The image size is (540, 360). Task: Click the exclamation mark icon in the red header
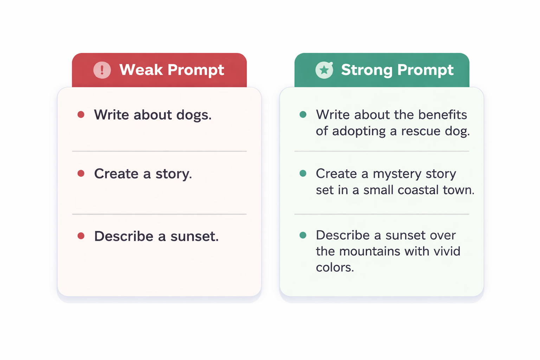pos(102,70)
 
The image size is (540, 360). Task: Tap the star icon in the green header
pos(324,70)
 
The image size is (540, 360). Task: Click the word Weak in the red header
pos(141,70)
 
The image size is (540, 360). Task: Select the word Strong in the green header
pos(366,70)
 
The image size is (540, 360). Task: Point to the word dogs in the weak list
pos(194,115)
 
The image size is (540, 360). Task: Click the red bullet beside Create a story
pos(81,173)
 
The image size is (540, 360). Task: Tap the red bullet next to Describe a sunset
pos(81,236)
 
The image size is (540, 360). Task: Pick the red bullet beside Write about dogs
pos(81,115)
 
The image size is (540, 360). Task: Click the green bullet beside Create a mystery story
pos(303,173)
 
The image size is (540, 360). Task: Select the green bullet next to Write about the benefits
pos(303,115)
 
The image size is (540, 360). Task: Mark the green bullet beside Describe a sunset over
pos(303,235)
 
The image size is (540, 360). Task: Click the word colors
pos(334,268)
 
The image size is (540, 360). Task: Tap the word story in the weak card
pos(174,174)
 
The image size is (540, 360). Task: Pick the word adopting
pos(359,131)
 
